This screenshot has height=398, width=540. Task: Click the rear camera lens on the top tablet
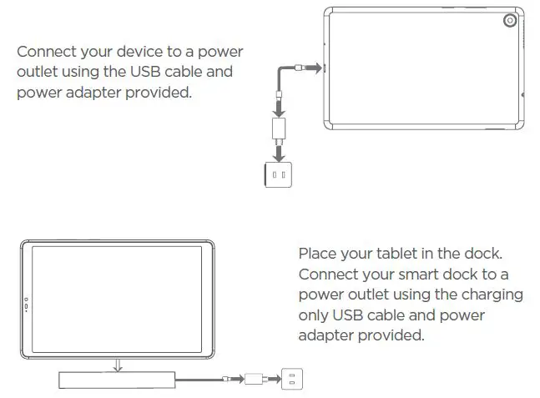(x=508, y=22)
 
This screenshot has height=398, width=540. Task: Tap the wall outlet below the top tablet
(x=279, y=174)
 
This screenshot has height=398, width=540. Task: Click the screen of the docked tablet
(x=118, y=301)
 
